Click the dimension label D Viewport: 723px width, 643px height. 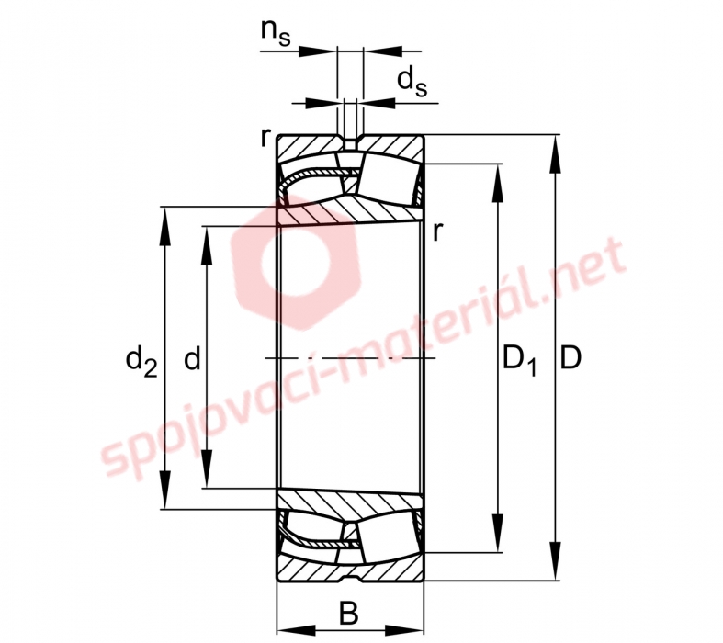[570, 358]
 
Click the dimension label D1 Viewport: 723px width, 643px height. [519, 361]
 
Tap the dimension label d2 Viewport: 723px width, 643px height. [141, 361]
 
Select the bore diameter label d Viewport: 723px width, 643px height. [192, 358]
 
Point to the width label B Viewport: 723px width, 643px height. [349, 613]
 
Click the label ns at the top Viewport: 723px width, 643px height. [276, 33]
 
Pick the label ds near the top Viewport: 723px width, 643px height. [412, 81]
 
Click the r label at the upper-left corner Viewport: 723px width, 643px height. [265, 137]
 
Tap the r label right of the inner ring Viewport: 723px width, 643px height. [437, 231]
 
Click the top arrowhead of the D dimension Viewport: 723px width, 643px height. [557, 154]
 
